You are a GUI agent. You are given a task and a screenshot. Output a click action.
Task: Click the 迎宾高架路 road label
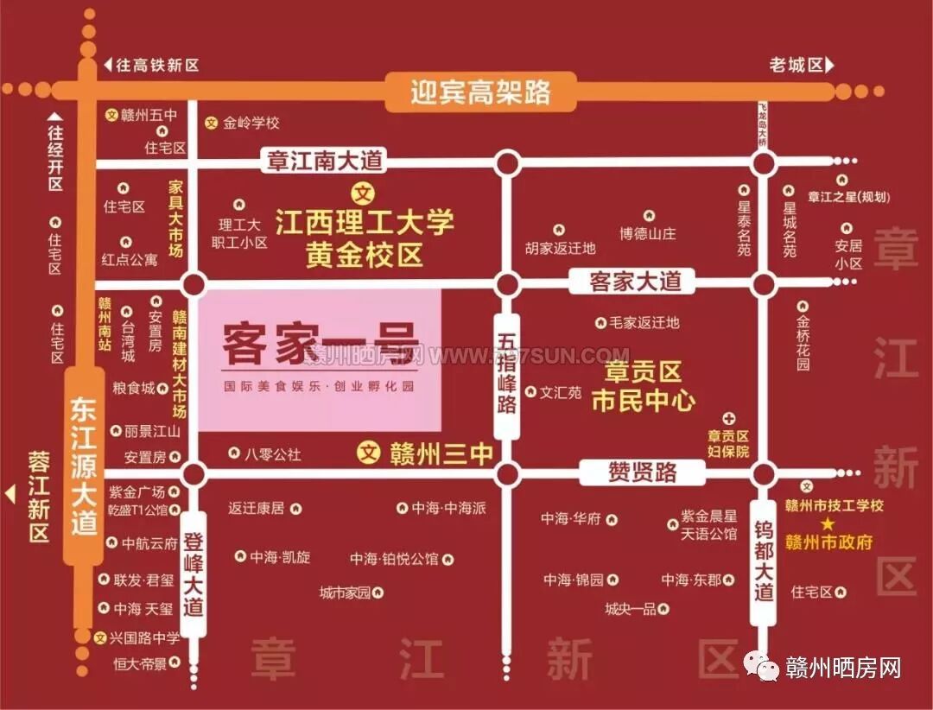(x=480, y=92)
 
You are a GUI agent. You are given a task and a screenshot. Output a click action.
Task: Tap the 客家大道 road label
(x=636, y=281)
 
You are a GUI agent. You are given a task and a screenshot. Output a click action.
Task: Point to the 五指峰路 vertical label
(x=507, y=375)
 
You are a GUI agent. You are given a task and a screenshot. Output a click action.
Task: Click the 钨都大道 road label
(x=764, y=561)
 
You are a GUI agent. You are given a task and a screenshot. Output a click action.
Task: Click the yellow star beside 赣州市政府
(x=828, y=524)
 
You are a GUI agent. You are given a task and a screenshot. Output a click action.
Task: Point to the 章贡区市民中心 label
(x=644, y=387)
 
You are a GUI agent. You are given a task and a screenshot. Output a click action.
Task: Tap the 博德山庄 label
(x=647, y=234)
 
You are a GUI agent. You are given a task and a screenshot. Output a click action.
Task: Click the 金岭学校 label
(x=251, y=124)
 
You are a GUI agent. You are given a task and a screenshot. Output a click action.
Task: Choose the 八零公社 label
(x=272, y=453)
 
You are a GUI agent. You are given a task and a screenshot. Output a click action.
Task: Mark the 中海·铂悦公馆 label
(x=394, y=559)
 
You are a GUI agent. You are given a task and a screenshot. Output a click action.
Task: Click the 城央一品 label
(x=630, y=609)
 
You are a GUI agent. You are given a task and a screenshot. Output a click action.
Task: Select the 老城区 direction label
(x=796, y=65)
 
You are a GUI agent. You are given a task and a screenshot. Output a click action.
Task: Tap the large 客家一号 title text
(x=318, y=343)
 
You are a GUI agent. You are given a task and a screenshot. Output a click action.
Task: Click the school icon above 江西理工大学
(x=365, y=193)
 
